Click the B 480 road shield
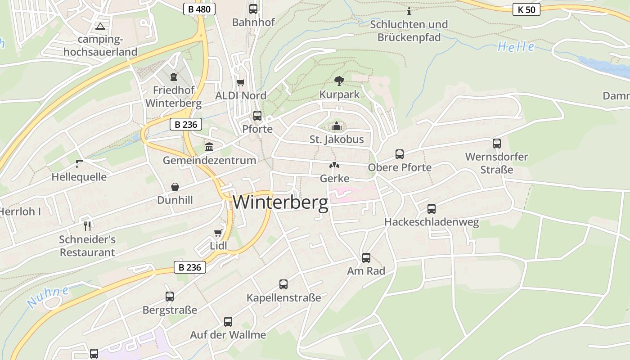click(x=199, y=9)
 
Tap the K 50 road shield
click(x=526, y=9)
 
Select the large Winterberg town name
click(x=280, y=202)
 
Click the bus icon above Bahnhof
click(x=253, y=9)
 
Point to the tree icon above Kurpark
click(x=339, y=81)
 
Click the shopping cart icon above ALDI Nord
click(x=241, y=82)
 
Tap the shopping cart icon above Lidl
click(x=218, y=233)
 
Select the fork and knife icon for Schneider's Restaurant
click(x=87, y=226)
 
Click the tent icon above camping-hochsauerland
click(x=100, y=26)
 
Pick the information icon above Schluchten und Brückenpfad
click(x=409, y=11)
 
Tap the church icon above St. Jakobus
click(x=336, y=126)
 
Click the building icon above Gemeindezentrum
click(x=209, y=147)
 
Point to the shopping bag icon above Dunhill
click(x=175, y=187)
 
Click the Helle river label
click(x=516, y=47)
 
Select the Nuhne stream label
click(x=48, y=297)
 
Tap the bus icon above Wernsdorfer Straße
click(x=497, y=144)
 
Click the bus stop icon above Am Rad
click(x=366, y=258)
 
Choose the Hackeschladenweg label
click(x=431, y=222)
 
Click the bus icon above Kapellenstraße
click(x=283, y=284)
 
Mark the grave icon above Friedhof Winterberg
click(x=174, y=77)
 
